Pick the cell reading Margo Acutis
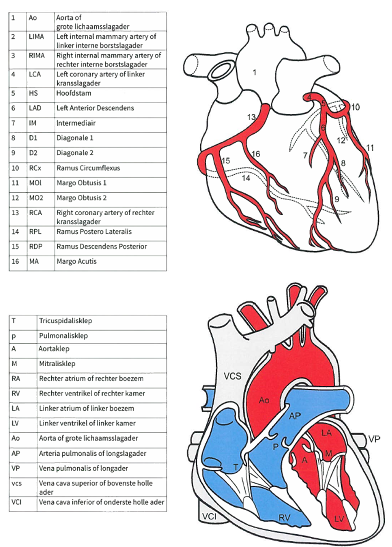[x=76, y=261]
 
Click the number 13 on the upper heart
[x=251, y=117]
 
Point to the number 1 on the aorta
[x=254, y=73]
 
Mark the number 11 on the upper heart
[x=370, y=148]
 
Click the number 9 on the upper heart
[x=336, y=199]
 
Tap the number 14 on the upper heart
[x=246, y=179]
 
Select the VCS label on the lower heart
[x=233, y=376]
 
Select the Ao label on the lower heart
[x=264, y=400]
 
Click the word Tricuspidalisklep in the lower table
[x=66, y=321]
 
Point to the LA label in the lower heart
[x=326, y=433]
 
